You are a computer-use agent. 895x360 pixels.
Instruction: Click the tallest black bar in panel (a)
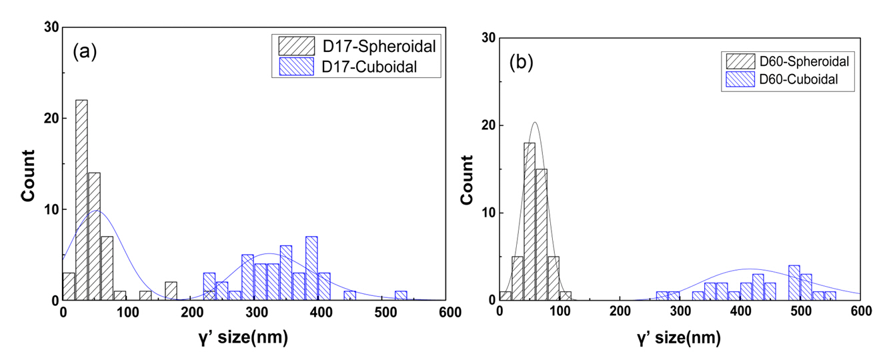click(x=81, y=200)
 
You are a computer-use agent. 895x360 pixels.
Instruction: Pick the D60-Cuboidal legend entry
click(x=782, y=80)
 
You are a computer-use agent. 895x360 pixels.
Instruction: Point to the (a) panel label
click(x=85, y=53)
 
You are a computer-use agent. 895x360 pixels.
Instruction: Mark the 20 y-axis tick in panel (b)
click(x=488, y=125)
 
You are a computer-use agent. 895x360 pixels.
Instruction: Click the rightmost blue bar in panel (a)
click(x=401, y=295)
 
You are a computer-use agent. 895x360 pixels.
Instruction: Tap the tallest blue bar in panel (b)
click(x=794, y=283)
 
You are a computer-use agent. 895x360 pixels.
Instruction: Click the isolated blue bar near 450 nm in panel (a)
click(x=349, y=295)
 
